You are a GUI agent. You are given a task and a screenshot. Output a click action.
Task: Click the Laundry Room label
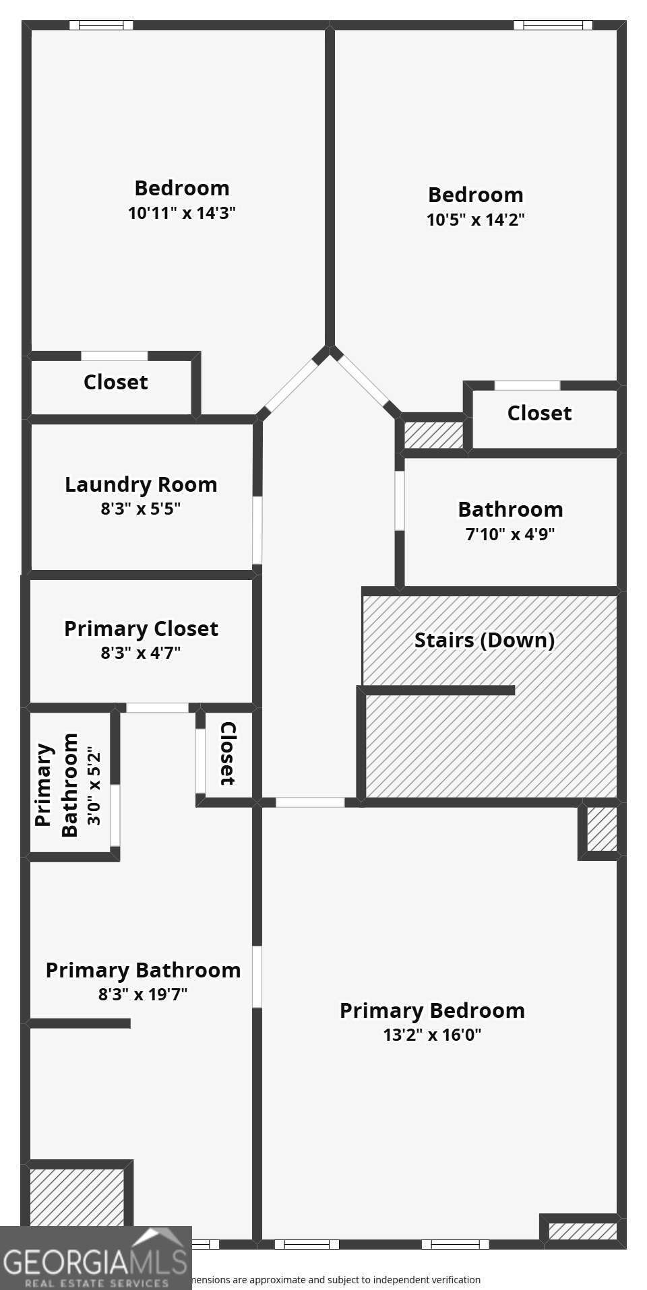[141, 484]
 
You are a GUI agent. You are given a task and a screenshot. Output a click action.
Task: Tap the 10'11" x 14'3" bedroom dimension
[181, 214]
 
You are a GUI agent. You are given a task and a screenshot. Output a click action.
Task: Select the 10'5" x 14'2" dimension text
[475, 220]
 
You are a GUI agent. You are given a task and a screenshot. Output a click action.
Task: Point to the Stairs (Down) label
[484, 640]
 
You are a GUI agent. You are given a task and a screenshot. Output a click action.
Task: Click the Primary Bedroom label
[432, 1010]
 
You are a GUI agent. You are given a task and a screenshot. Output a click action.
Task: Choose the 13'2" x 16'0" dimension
[432, 1035]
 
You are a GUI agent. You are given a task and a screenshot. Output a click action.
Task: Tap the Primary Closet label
[141, 628]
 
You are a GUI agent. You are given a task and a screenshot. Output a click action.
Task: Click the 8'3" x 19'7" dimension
[143, 994]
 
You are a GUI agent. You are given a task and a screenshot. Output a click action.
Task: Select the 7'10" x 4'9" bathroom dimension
[510, 534]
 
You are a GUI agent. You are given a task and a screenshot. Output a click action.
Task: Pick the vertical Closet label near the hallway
[228, 753]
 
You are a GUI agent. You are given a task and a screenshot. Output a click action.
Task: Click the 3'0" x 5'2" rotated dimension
[94, 785]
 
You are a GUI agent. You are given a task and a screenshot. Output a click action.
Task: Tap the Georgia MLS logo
[95, 1258]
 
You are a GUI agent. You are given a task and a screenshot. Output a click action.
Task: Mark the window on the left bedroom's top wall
[101, 26]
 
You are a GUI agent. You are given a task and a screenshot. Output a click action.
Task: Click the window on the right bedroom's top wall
[553, 26]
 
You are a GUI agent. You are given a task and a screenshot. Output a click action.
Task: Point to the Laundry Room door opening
[257, 530]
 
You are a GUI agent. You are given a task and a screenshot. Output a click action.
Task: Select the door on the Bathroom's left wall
[400, 501]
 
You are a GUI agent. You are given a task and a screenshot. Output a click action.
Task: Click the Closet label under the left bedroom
[115, 382]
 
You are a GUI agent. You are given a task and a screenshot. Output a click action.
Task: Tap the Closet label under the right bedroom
[539, 413]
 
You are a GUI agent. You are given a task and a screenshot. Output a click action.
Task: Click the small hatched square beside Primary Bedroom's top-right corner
[601, 829]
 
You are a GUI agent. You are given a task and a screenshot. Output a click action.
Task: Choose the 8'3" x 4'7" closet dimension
[141, 653]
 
